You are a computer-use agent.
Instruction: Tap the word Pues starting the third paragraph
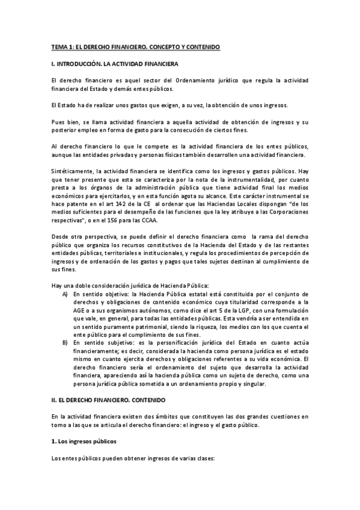[57, 122]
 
